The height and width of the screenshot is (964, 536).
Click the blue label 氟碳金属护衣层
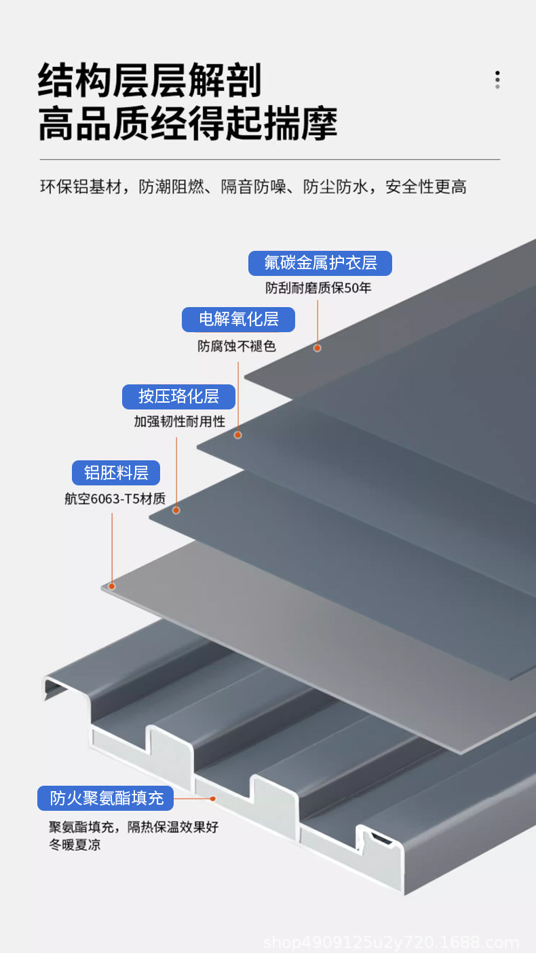click(320, 263)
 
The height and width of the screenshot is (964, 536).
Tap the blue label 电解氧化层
click(238, 319)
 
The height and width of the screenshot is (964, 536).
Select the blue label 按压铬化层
click(178, 397)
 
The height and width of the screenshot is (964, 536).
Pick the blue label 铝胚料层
click(116, 473)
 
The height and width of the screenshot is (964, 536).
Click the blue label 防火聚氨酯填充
click(105, 798)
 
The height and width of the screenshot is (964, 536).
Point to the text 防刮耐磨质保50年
click(318, 288)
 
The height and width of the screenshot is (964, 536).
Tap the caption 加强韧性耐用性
click(179, 422)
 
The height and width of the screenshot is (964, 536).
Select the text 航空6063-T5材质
click(115, 499)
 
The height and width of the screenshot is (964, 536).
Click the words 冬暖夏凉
click(75, 845)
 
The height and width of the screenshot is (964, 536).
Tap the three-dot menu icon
click(497, 79)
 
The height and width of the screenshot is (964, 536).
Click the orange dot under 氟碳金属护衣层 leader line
click(317, 348)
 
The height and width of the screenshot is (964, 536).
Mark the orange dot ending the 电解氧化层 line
click(237, 435)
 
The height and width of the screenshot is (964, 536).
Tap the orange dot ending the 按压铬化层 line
click(176, 510)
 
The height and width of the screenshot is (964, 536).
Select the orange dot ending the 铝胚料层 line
click(112, 586)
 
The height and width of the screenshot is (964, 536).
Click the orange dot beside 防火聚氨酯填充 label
click(212, 799)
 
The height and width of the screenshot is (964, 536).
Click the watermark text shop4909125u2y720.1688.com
click(391, 942)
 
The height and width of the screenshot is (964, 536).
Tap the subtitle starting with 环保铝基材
click(253, 187)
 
